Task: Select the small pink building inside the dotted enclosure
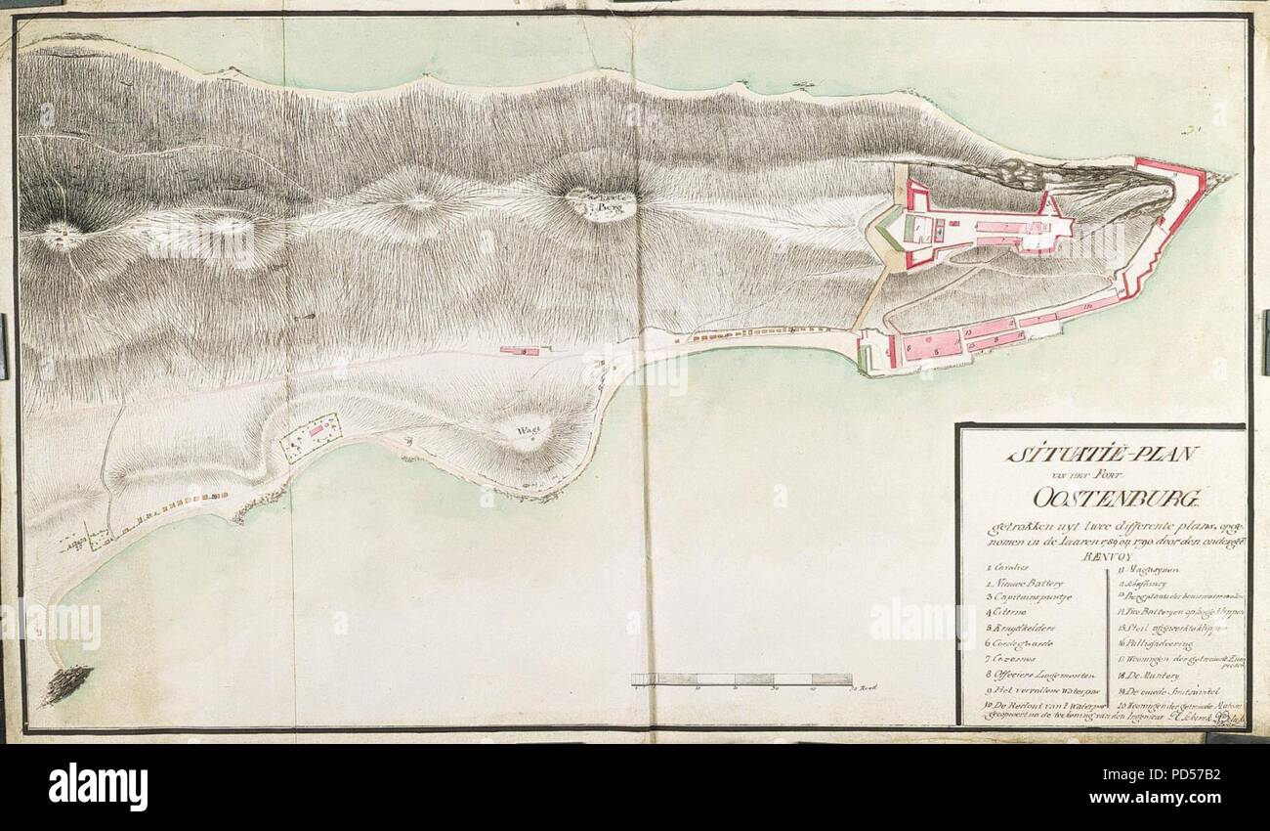[316, 429]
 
